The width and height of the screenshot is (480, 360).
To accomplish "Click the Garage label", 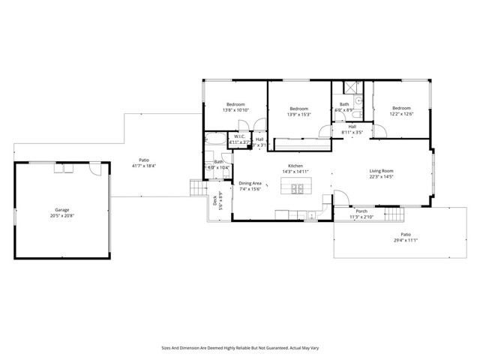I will pos(61,209).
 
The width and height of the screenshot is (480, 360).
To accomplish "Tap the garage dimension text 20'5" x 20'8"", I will pos(61,215).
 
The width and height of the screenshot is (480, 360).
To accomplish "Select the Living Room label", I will pos(381,171).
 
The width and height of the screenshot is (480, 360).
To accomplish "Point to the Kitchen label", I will pos(295,166).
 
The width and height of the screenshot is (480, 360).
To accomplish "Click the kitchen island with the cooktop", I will pos(293,187).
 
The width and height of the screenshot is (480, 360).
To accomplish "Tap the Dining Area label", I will pos(250,183).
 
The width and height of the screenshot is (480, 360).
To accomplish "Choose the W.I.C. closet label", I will pos(239,136).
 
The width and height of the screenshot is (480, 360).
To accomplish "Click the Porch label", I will pos(361,211).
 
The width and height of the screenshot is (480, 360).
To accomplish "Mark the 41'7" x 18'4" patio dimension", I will pos(142,165).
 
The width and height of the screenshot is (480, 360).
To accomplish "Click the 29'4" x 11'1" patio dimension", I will pos(405,241).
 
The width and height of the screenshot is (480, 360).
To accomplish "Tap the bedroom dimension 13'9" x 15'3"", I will pos(299,115).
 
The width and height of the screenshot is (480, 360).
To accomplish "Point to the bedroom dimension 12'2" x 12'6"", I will pos(400,114).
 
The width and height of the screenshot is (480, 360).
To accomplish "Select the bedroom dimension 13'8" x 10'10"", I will pos(235,110).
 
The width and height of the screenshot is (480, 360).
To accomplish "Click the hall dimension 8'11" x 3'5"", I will pos(352,133).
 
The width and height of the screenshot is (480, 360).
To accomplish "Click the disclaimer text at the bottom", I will pos(239,347).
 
